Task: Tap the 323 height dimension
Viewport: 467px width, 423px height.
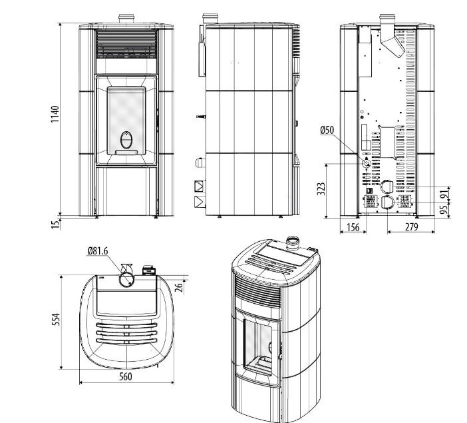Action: [323, 190]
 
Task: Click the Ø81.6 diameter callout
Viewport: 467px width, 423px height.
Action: [98, 251]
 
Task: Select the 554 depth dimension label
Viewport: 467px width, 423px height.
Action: [56, 320]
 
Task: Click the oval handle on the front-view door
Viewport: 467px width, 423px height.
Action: [126, 141]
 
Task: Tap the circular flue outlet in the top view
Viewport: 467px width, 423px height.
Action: [125, 278]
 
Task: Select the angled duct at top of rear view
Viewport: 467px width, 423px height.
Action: [390, 39]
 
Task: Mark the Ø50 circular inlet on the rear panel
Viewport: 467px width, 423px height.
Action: [365, 163]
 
